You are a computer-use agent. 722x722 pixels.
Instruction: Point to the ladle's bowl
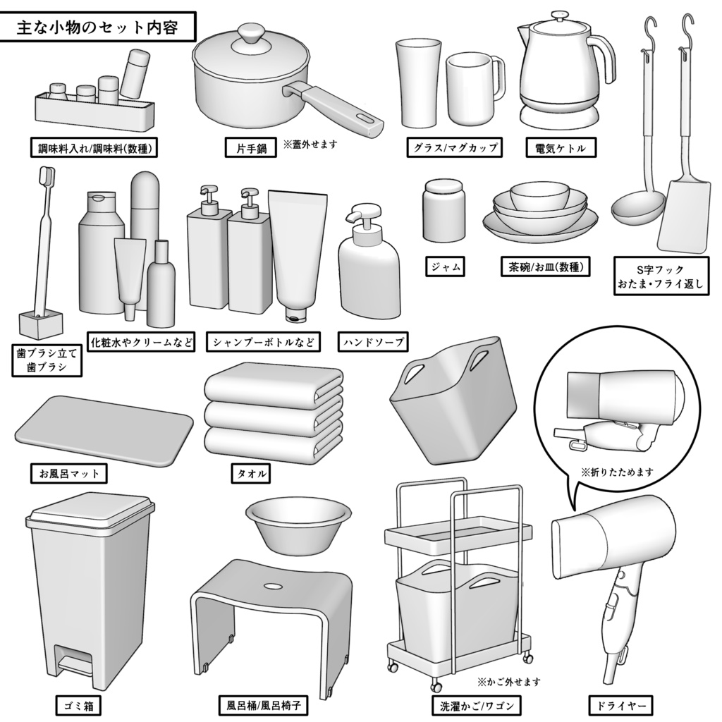coord(636,206)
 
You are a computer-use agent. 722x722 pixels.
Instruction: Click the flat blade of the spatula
coord(683,216)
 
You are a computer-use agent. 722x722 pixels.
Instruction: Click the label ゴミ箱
coord(79,704)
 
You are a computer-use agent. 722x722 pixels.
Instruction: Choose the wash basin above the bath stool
coord(298,525)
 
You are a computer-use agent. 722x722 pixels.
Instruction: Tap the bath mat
coord(104,429)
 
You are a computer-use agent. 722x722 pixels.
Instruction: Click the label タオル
coord(250,473)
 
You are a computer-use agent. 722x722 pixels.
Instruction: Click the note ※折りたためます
coord(617,472)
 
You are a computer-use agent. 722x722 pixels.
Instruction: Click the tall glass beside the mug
coord(417,82)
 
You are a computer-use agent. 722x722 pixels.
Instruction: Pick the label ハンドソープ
coord(372,343)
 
